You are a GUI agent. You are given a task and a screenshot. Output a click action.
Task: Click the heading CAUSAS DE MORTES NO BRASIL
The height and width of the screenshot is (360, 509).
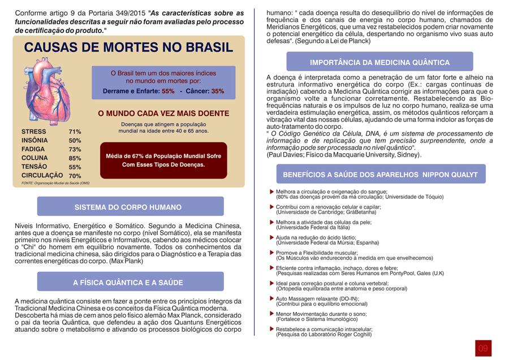coord(129,47)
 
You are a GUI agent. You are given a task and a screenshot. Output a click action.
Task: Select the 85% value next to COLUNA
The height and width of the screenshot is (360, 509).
coord(75,158)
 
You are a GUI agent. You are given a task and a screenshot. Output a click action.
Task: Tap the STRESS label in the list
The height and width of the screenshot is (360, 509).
coord(33,132)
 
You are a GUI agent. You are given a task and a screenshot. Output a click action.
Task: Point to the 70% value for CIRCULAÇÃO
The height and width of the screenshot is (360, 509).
coord(75,176)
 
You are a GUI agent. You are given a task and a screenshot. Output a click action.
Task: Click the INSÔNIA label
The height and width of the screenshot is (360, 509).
coord(34,140)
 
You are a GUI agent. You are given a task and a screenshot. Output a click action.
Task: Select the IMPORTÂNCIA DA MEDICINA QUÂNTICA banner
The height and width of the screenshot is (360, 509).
coord(379,62)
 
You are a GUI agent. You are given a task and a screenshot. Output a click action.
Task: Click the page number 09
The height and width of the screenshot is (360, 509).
coord(482,348)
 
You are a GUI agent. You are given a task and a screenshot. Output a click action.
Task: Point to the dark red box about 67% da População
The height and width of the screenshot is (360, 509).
coord(163,160)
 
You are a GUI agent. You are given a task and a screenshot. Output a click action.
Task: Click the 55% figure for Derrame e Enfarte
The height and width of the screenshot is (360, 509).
coord(168,91)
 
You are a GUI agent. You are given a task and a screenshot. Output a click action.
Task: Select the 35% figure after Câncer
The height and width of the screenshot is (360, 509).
coord(217,91)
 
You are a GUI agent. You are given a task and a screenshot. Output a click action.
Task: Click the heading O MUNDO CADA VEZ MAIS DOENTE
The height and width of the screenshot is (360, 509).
coord(163,114)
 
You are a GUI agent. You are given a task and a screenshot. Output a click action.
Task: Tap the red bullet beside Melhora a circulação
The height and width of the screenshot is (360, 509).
coord(272,192)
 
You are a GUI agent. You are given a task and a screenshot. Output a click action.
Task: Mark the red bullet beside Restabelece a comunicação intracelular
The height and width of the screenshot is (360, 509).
coord(272,328)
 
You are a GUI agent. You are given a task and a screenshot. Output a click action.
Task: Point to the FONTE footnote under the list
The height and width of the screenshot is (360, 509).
coord(55,183)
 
